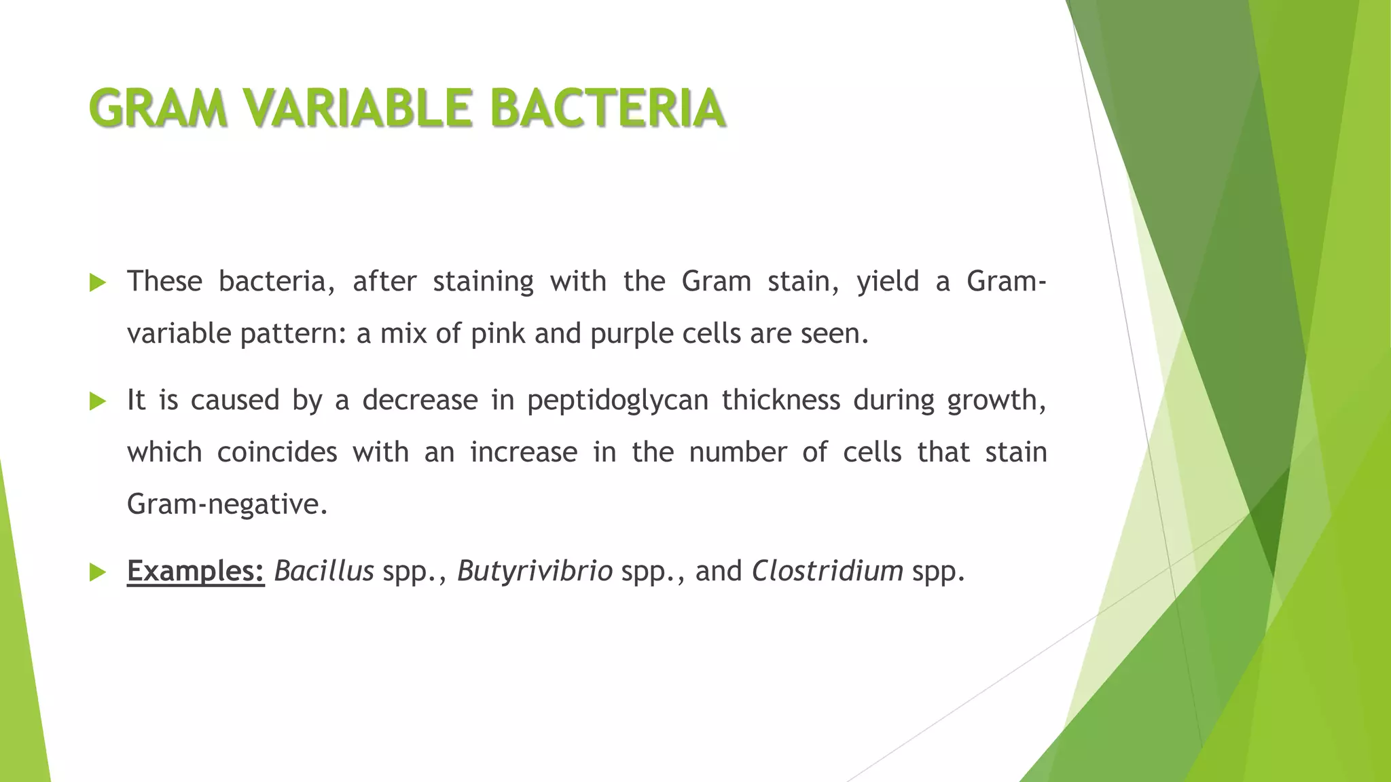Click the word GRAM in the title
coord(158,109)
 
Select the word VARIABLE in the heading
coord(358,109)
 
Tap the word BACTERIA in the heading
coord(607,109)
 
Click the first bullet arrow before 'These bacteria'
coord(98,282)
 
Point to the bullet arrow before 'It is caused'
coord(98,401)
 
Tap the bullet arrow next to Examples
coord(98,572)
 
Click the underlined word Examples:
coord(196,572)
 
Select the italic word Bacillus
coord(324,572)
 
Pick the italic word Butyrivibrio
coord(535,572)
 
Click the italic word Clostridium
coord(827,572)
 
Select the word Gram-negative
coord(222,504)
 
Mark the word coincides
coord(277,452)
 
